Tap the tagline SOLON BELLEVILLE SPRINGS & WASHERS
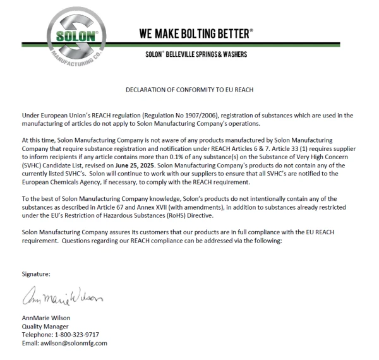click(196, 54)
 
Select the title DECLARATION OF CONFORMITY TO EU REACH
click(189, 90)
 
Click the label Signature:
click(36, 274)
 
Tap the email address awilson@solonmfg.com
click(74, 343)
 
